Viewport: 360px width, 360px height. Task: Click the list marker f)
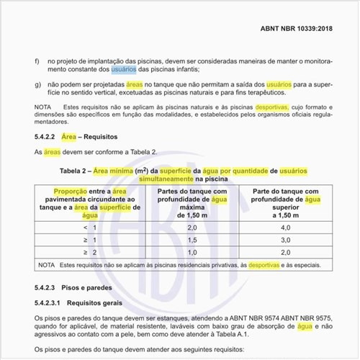pos(37,61)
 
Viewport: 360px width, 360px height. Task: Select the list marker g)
pos(37,84)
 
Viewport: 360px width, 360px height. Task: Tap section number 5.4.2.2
pos(47,135)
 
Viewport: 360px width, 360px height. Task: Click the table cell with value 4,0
pos(286,227)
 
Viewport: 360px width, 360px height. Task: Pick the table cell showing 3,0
pos(286,239)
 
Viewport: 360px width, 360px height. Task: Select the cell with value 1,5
pos(192,239)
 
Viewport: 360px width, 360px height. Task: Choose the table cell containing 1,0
pos(192,252)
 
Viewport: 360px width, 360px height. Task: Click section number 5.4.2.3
pos(47,288)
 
